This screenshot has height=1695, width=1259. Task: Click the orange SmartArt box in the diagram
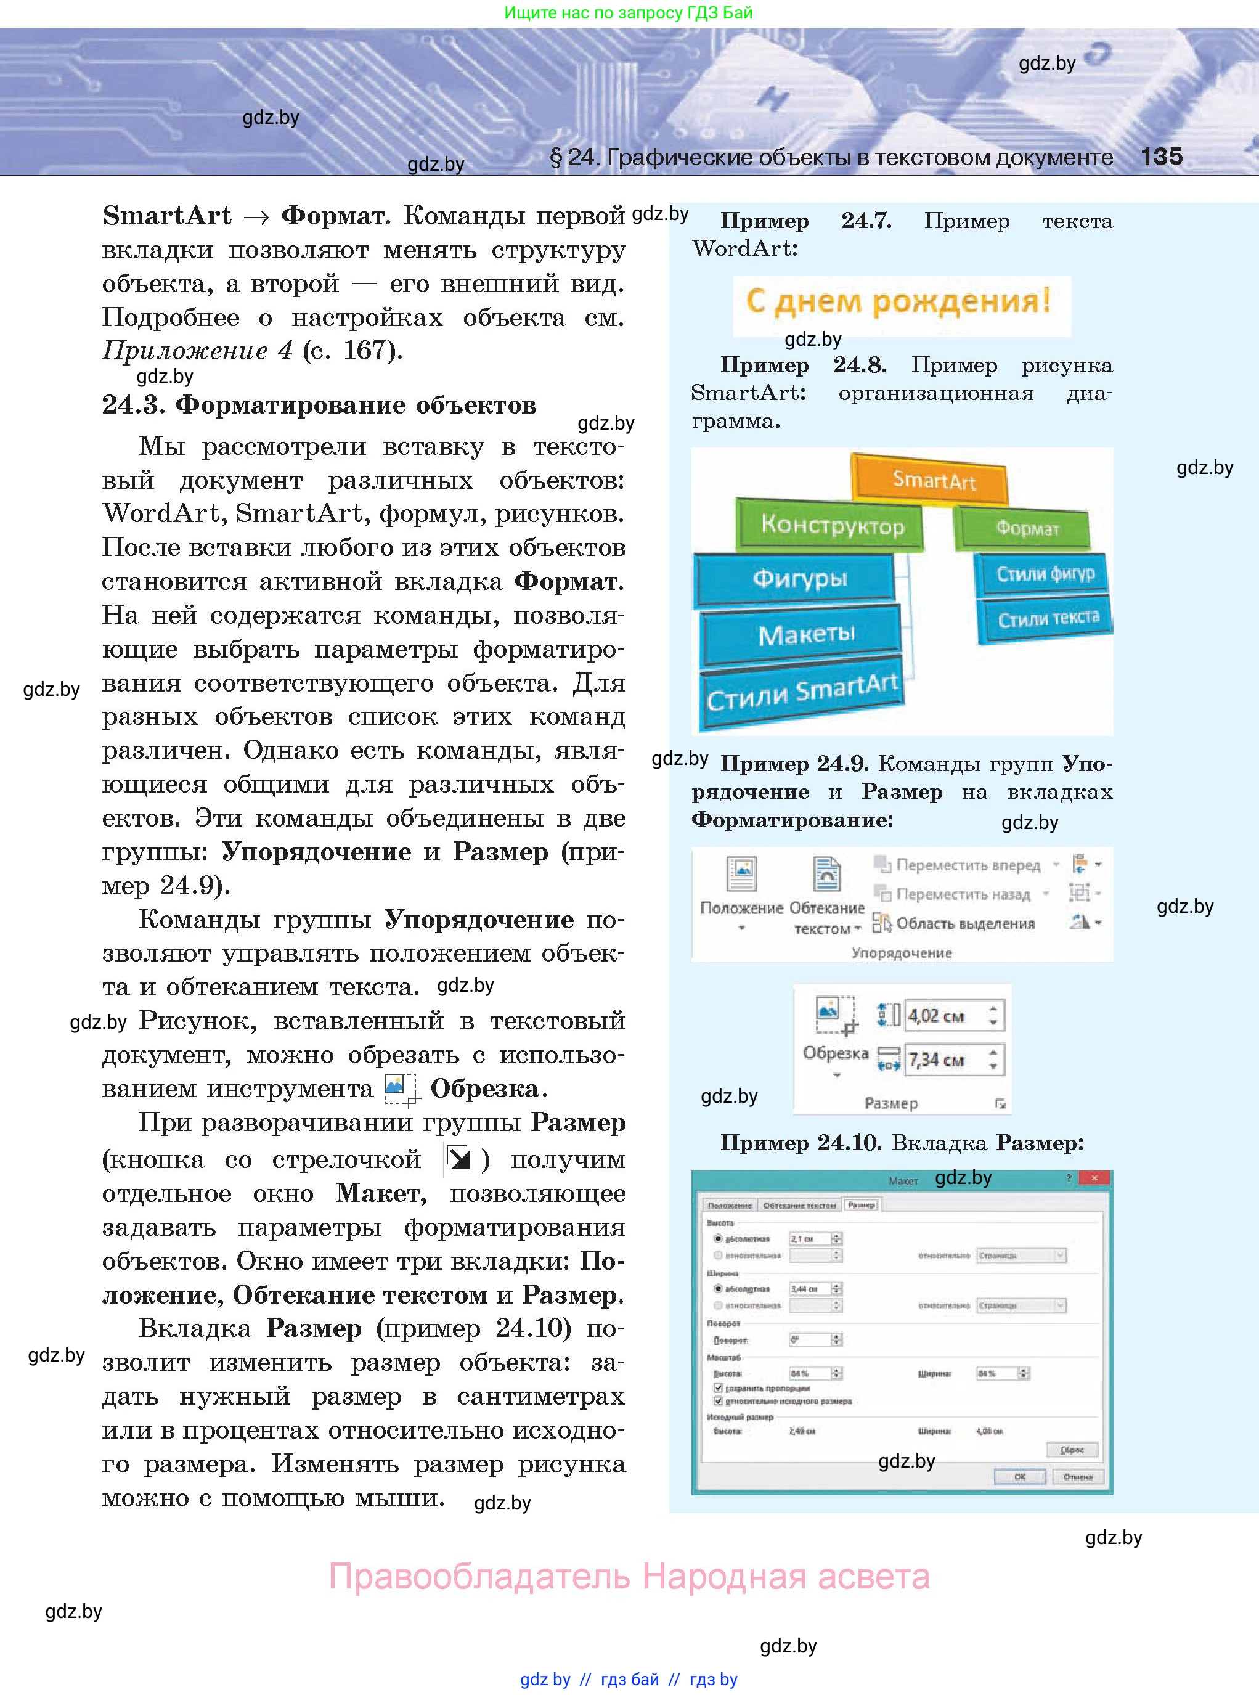pyautogui.click(x=931, y=480)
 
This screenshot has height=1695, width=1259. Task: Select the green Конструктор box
pyautogui.click(x=831, y=525)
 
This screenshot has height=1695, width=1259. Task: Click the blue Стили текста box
pyautogui.click(x=1047, y=619)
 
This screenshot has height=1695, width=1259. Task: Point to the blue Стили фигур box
pyautogui.click(x=1043, y=574)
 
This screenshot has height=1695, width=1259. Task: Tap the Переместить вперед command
pyautogui.click(x=966, y=865)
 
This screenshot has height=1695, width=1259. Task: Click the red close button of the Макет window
pyautogui.click(x=1094, y=1178)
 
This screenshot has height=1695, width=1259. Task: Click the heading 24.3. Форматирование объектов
pyautogui.click(x=319, y=405)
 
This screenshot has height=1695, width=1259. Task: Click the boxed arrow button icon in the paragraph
pyautogui.click(x=460, y=1160)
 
